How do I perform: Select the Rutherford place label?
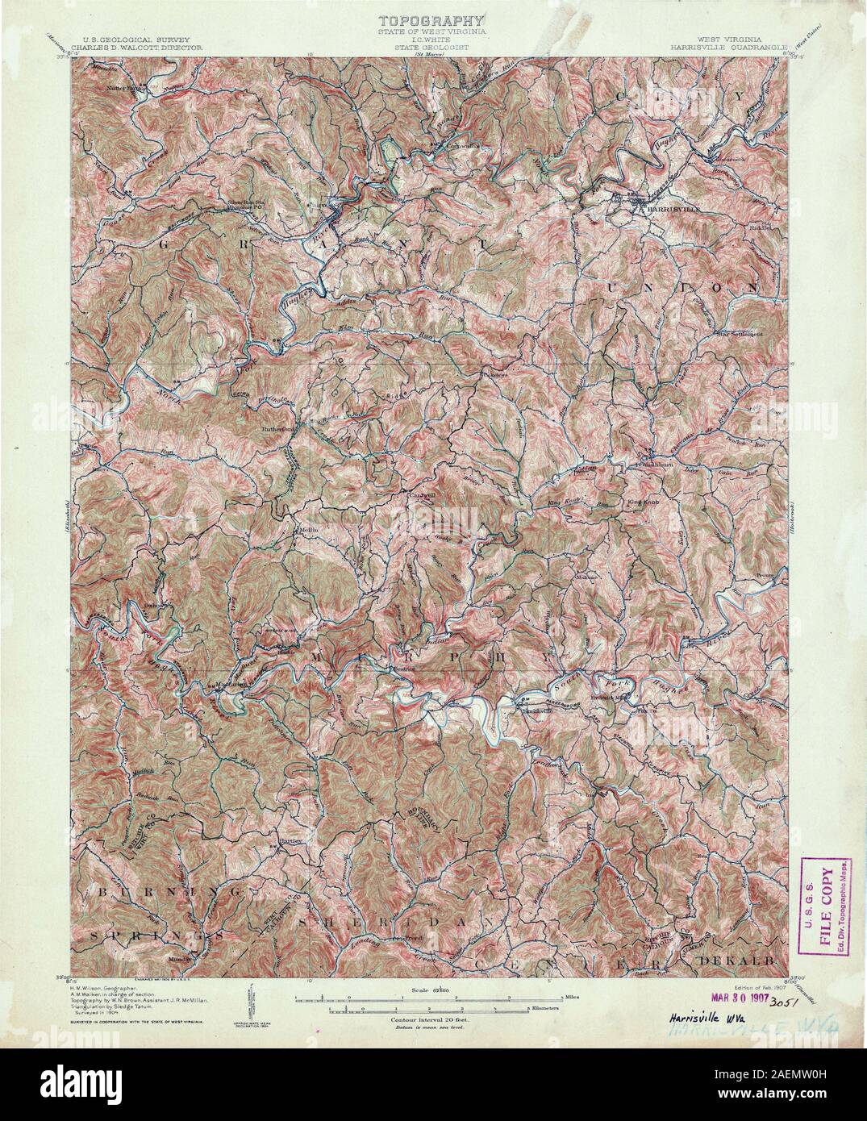tap(277, 429)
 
